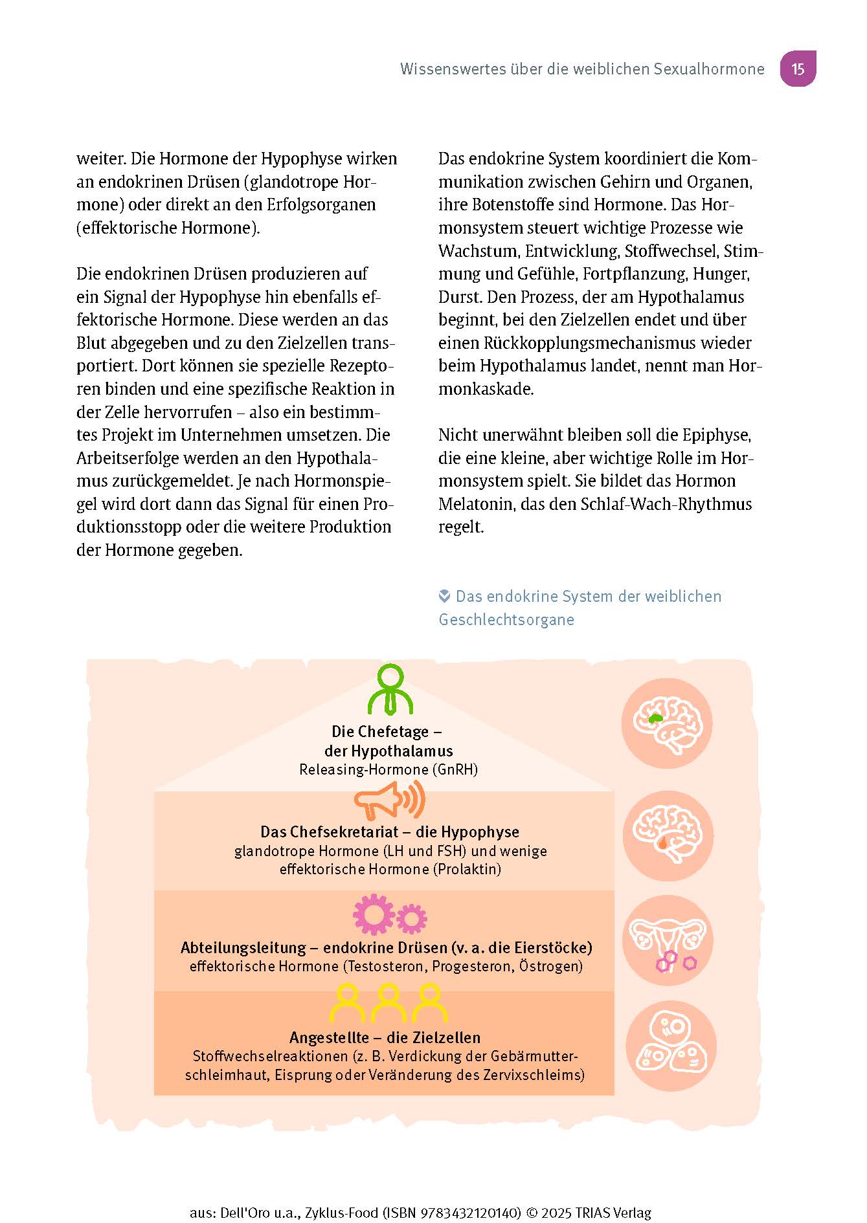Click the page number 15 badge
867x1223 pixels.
click(x=798, y=69)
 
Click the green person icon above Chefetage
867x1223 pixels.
click(x=390, y=690)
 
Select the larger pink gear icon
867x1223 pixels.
click(x=374, y=914)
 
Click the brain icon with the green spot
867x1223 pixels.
click(x=668, y=723)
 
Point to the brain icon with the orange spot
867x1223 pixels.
click(x=668, y=835)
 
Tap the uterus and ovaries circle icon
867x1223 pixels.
click(x=668, y=942)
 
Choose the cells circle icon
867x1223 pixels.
click(x=670, y=1047)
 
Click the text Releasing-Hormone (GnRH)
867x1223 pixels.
click(x=388, y=769)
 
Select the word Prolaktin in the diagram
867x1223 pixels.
click(x=468, y=869)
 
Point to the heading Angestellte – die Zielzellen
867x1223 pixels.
click(x=385, y=1037)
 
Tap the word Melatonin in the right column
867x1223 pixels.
click(x=477, y=504)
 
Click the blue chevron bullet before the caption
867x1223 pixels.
click(x=445, y=596)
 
